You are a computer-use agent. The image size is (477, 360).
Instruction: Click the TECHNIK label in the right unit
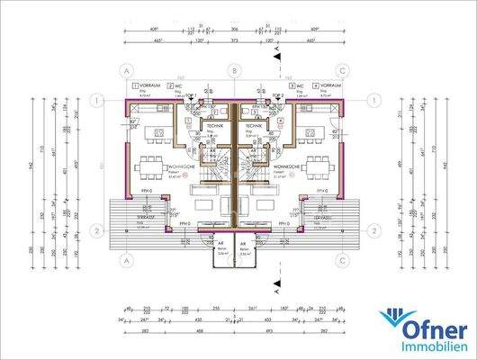(255, 127)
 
